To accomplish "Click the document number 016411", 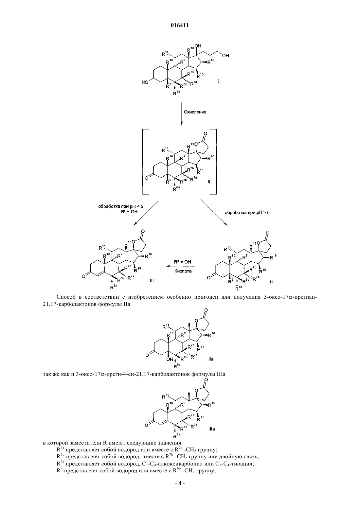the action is [180, 26].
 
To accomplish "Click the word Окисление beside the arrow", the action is [195, 112].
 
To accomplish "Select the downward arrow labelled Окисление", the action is [182, 114].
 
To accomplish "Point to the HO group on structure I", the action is [145, 82].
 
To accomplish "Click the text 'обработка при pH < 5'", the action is [121, 206].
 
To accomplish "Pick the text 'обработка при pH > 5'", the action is [247, 213].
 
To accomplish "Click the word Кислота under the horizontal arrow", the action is [183, 271].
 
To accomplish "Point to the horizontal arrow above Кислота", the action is [182, 266].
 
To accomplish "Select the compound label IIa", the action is [211, 359].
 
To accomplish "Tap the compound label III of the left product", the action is [152, 280].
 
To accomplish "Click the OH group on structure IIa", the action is [170, 360].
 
